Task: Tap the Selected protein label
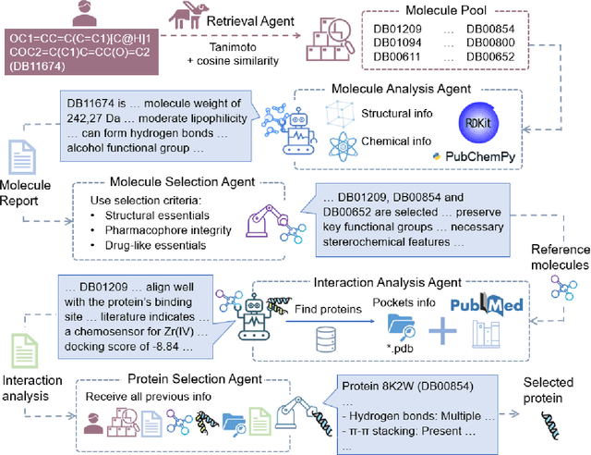coord(548,389)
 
